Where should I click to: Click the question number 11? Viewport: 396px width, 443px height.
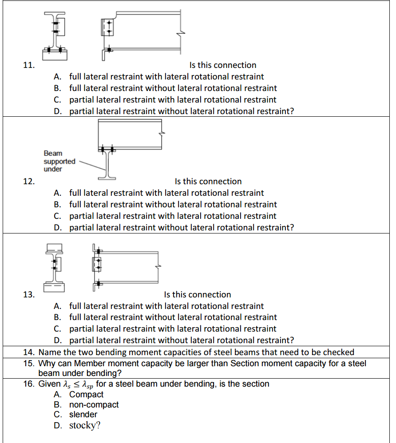[28, 65]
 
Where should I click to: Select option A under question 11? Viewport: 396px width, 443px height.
[166, 77]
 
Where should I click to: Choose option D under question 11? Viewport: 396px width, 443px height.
[182, 111]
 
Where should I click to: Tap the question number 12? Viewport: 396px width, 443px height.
[28, 182]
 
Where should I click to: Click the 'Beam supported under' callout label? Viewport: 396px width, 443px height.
[59, 161]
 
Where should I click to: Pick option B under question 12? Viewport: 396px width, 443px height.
[173, 205]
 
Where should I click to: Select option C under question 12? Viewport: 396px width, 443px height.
[173, 216]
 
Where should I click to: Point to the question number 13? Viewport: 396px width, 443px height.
[28, 295]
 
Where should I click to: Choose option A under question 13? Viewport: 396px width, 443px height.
[166, 306]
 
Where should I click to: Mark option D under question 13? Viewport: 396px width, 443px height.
[182, 340]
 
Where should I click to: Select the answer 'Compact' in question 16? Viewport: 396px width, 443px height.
[86, 394]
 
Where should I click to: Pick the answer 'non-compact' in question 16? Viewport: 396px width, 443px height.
[94, 404]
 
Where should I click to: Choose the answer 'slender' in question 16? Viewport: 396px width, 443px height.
[83, 415]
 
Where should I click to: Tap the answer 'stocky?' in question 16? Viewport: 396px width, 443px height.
[85, 425]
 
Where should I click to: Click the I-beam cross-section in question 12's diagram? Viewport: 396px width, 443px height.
[107, 164]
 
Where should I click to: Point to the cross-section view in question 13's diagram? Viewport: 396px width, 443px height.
[54, 266]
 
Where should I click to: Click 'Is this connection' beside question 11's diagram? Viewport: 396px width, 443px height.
[223, 65]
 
